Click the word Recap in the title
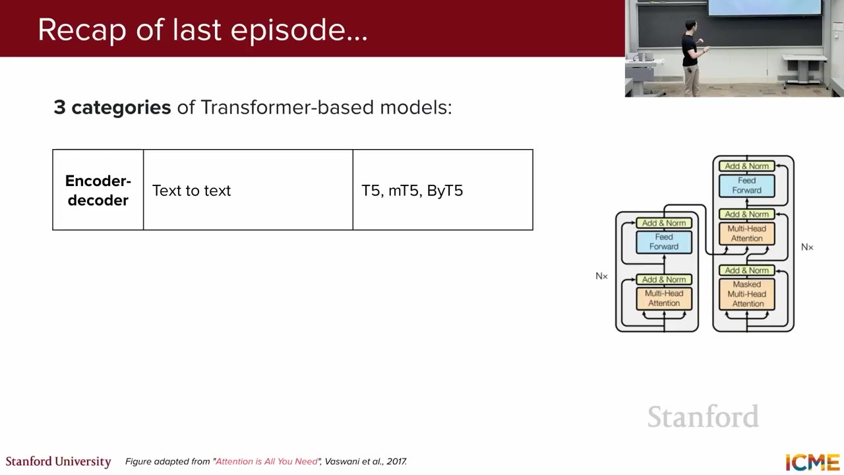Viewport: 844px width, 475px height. coord(82,30)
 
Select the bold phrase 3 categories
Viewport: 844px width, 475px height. coord(112,108)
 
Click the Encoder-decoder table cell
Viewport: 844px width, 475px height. coord(98,190)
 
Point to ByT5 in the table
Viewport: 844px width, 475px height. coord(444,191)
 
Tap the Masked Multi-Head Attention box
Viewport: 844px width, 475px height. coord(747,294)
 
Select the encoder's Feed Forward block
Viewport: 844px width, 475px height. coord(664,241)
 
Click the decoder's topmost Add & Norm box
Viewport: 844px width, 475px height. coord(747,166)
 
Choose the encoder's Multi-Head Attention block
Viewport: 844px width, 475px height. coord(664,298)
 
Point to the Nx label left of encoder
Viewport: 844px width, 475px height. coord(601,276)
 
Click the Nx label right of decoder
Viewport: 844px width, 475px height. coord(807,247)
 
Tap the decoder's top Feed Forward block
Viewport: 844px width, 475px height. coord(747,185)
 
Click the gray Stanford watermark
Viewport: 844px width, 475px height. coord(703,416)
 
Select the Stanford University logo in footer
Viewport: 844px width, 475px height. coord(59,462)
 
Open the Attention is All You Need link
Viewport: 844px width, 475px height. coord(266,461)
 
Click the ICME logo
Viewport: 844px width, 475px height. coord(812,463)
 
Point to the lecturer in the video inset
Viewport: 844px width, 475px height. coord(692,57)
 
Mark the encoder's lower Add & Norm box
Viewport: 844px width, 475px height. coord(664,279)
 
